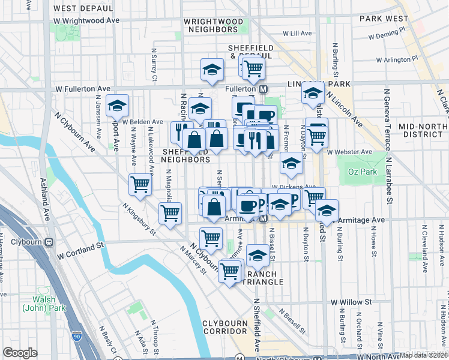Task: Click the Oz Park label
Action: pos(361,172)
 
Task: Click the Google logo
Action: pos(20,352)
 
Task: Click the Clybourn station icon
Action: pos(49,242)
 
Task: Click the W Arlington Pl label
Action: pos(397,60)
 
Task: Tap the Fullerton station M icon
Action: pos(263,89)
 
